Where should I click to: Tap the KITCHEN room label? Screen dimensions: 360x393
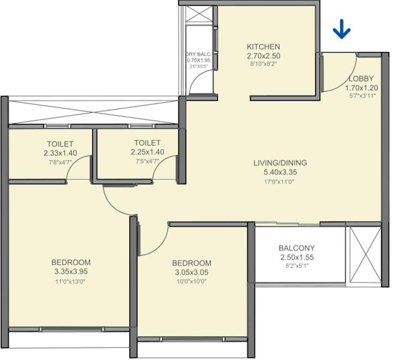263,47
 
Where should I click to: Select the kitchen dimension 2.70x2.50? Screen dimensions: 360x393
263,56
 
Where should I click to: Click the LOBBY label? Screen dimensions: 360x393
361,79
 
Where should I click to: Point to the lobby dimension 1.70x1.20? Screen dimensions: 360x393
361,88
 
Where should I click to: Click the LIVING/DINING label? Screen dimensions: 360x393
280,163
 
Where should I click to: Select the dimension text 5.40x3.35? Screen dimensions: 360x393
280,172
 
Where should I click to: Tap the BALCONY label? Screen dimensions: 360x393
296,248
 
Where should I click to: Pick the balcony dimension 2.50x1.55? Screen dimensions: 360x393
296,257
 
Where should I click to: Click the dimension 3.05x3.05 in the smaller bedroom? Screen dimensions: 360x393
191,272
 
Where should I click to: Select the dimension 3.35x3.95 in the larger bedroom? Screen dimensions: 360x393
71,271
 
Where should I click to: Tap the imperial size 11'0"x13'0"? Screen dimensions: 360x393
71,282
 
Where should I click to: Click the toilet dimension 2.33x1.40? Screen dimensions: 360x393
60,152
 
